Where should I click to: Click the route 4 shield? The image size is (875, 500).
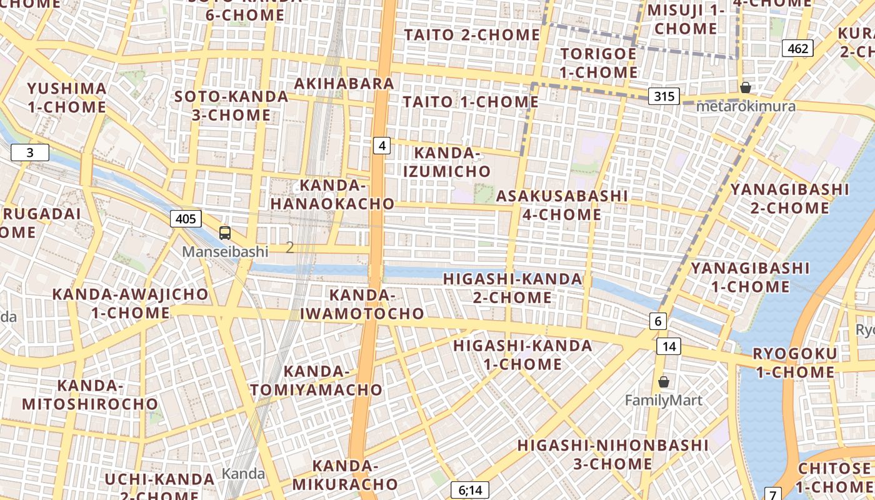point(382,146)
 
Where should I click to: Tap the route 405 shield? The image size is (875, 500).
point(186,219)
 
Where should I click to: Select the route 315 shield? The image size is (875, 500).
point(664,96)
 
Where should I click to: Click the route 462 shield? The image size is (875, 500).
point(798,48)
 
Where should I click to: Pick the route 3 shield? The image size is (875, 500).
point(29,152)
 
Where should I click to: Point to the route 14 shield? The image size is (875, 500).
point(669,346)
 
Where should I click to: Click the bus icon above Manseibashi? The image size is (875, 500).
point(225,233)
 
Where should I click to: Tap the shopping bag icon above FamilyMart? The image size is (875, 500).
point(664,381)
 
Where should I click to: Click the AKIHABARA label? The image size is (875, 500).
point(344,83)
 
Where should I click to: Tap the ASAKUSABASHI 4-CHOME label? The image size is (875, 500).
point(562,205)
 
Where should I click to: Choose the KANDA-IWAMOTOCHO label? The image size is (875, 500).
point(362,304)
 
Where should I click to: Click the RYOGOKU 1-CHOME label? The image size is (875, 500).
point(794,362)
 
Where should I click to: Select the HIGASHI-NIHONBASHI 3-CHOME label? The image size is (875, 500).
point(613,454)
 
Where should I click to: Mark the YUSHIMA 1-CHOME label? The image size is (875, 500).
point(67,97)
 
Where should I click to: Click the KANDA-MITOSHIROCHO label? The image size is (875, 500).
point(90,394)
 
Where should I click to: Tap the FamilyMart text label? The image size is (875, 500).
point(664,401)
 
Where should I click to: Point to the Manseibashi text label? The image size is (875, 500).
point(225,252)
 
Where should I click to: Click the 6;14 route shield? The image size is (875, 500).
point(470,490)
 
